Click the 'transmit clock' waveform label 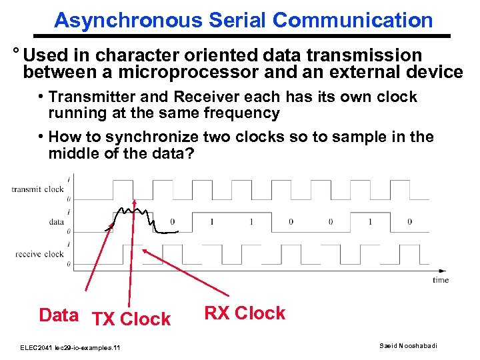tap(37, 189)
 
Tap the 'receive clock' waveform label tap(39, 253)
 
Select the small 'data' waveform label tap(56, 221)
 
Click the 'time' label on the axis tap(440, 280)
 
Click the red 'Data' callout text tap(59, 315)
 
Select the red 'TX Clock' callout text tap(131, 319)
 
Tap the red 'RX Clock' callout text tap(245, 313)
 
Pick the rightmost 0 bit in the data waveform tap(409, 221)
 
